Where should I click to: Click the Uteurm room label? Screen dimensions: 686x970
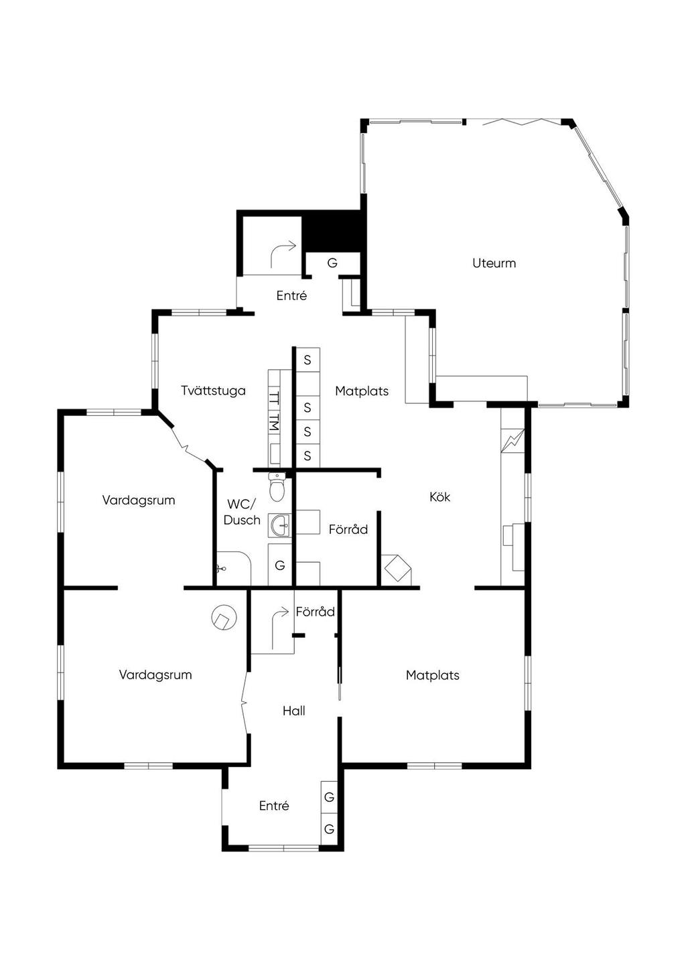(x=494, y=263)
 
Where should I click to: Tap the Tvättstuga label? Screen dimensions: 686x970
(x=213, y=391)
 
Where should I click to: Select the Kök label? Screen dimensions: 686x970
(x=439, y=496)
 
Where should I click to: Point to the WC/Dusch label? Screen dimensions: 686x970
(x=242, y=512)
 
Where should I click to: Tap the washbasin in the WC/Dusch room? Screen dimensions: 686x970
(x=280, y=525)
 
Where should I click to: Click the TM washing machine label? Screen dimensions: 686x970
(x=274, y=422)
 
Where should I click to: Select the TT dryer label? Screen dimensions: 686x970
(x=274, y=399)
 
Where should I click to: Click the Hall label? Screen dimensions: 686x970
(x=293, y=711)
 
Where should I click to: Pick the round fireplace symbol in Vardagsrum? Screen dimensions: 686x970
(x=224, y=617)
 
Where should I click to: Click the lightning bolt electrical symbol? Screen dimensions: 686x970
(x=512, y=441)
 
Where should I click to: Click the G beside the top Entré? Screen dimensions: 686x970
(x=332, y=263)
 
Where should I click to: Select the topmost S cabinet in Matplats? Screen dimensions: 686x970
(x=307, y=360)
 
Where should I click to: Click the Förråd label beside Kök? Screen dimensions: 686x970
(x=348, y=529)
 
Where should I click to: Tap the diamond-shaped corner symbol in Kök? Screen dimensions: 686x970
(x=397, y=567)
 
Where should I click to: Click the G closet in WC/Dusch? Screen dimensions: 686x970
(x=280, y=565)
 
